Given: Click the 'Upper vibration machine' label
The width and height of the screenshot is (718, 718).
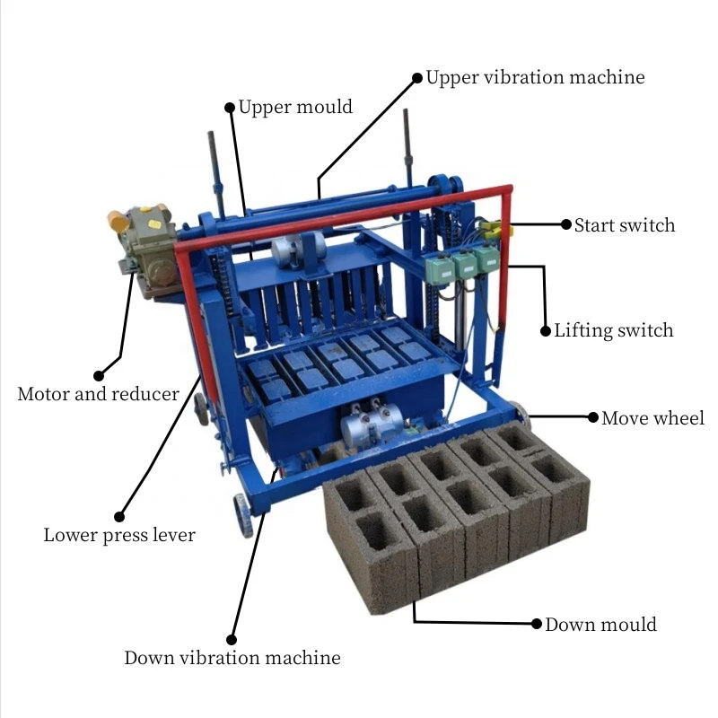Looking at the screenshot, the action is (x=535, y=77).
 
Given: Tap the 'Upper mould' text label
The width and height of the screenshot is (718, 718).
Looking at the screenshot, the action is (x=295, y=108).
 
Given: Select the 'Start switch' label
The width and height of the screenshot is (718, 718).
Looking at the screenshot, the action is (x=625, y=225).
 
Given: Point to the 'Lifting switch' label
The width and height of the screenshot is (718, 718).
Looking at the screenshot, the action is (x=614, y=330).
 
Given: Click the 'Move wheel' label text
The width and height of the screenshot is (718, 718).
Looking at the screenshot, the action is (x=652, y=418).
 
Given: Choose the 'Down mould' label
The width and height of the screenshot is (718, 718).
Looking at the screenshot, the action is (x=600, y=625).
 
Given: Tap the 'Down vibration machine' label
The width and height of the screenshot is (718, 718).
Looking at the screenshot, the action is (x=232, y=658).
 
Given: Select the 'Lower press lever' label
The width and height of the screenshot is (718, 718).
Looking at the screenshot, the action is (x=119, y=535).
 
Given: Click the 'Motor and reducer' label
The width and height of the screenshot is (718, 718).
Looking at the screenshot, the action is (x=98, y=394).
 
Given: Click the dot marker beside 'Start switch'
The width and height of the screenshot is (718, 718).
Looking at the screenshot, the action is (x=566, y=224).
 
